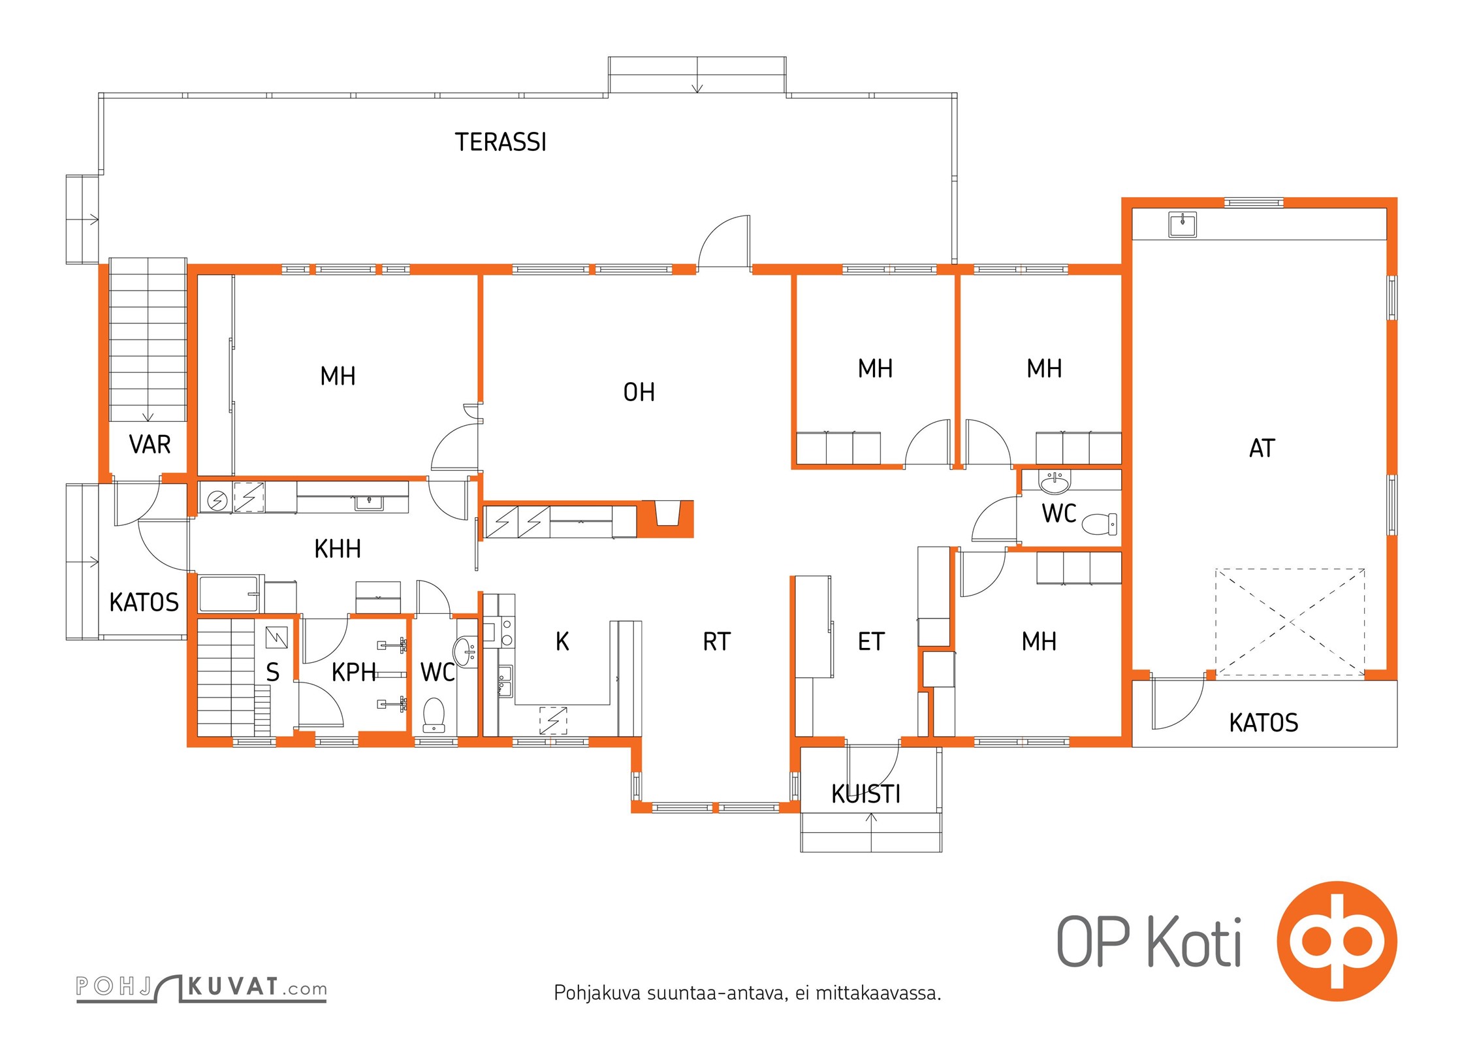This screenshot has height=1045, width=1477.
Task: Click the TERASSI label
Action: point(500,142)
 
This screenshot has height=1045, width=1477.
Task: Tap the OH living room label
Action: point(639,392)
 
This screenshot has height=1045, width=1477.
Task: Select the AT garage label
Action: point(1262,448)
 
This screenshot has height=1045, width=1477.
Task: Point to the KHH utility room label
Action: point(337,549)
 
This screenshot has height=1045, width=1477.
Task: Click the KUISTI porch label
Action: point(866,794)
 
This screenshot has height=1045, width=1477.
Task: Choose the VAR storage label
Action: point(150,444)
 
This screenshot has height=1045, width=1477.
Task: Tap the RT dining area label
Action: point(716,641)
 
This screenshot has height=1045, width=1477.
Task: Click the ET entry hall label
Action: point(871,641)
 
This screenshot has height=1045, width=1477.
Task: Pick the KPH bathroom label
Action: point(353,671)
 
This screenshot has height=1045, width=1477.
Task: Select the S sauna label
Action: point(272,671)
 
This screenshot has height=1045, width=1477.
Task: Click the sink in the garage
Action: point(1182,225)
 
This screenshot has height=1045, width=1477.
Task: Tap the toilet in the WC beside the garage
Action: point(1100,524)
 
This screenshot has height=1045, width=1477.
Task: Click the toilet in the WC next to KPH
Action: point(434,715)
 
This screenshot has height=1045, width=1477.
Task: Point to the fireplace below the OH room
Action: point(665,519)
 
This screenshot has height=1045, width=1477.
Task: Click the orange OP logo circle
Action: point(1337,941)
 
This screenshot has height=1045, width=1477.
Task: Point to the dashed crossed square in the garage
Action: point(1290,622)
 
